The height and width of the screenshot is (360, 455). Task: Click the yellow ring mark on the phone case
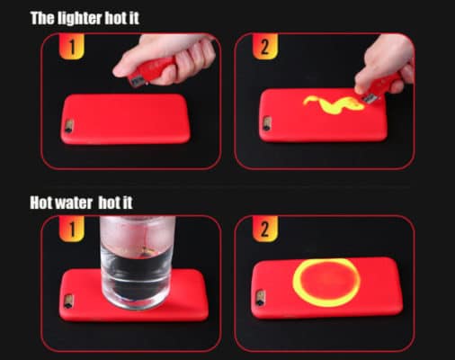(335, 283)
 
